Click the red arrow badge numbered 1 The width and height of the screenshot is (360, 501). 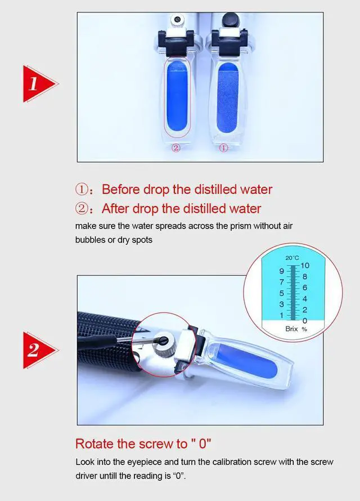(x=38, y=84)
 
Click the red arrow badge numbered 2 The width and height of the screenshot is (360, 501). (x=38, y=350)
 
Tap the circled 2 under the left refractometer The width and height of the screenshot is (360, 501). (x=176, y=147)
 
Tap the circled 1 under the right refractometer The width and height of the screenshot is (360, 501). (x=224, y=147)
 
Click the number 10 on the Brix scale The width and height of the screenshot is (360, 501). (x=305, y=266)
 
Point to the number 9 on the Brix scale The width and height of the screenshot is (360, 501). (x=281, y=271)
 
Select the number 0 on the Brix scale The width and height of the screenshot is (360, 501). (x=305, y=320)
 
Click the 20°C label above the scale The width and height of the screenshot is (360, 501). (x=292, y=258)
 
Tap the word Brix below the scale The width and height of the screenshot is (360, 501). (x=291, y=329)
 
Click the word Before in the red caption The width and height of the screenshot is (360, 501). (x=121, y=190)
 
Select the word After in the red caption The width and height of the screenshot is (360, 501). (x=115, y=209)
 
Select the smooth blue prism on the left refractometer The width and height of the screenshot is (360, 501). (x=177, y=96)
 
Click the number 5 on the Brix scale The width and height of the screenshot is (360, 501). (x=281, y=293)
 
